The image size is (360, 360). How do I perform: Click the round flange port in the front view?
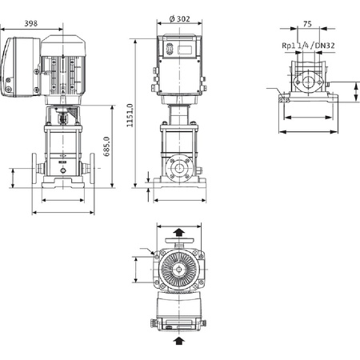pyautogui.click(x=179, y=170)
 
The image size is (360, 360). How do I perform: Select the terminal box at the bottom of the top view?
pyautogui.click(x=179, y=322)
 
